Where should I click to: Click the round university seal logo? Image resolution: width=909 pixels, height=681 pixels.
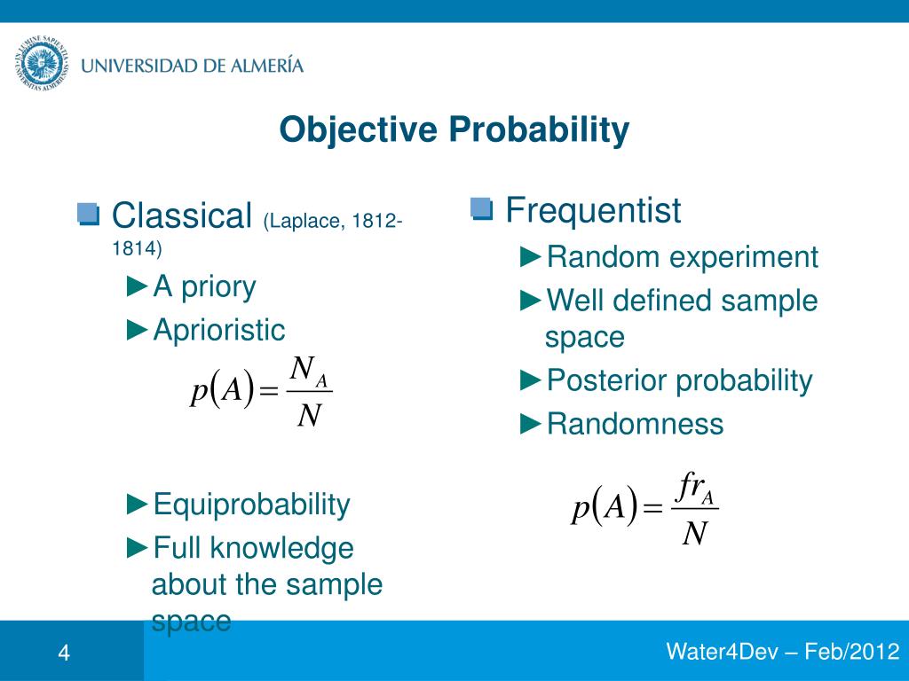pos(40,66)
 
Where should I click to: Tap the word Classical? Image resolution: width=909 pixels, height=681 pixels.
pos(183,215)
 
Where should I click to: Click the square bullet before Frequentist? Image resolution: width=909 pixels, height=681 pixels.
pos(480,209)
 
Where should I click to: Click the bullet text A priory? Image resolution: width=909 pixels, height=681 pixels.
pos(204,286)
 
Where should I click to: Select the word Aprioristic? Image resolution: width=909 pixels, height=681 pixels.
pos(219,330)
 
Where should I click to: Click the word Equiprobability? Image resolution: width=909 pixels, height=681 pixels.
pos(251,505)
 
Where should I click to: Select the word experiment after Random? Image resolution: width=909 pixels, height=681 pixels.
pos(743,258)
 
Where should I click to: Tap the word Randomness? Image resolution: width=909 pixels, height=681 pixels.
pos(635,424)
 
